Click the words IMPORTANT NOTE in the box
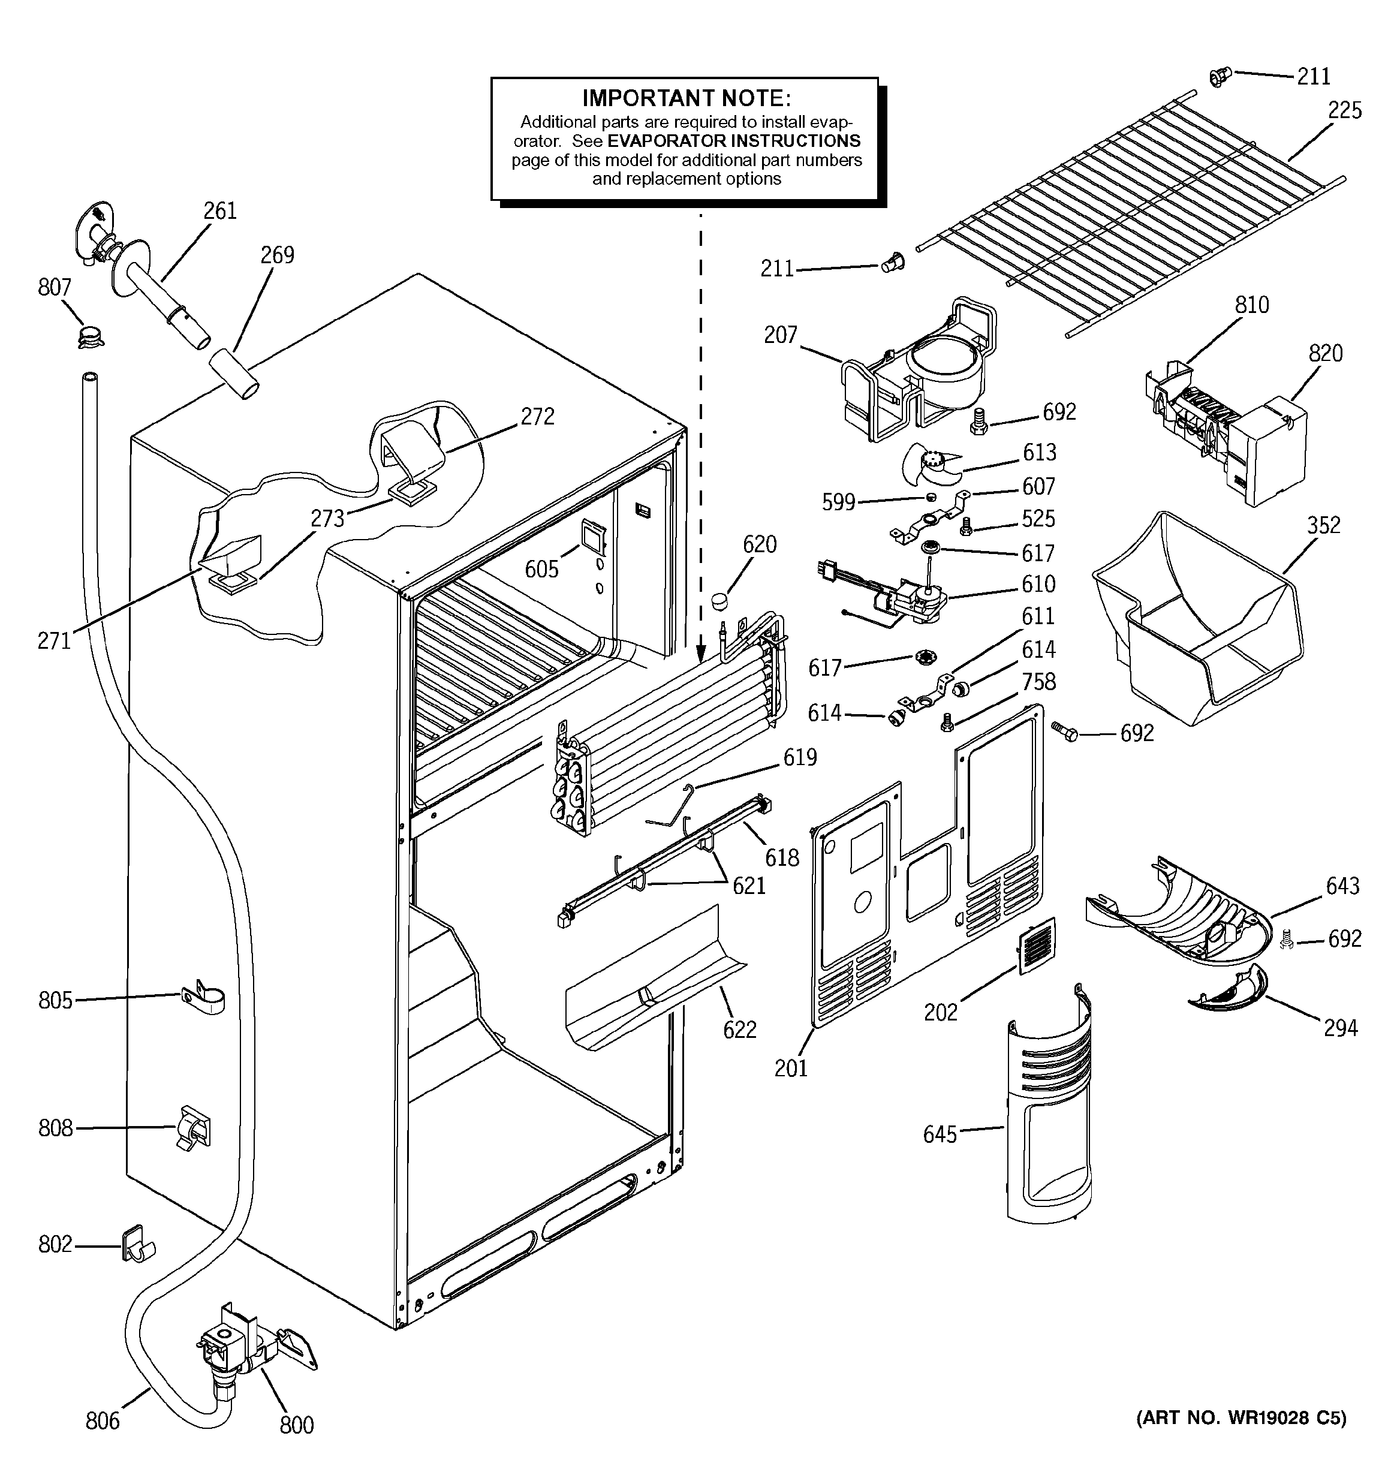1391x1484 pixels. click(x=685, y=98)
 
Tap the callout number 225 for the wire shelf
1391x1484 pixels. click(x=1344, y=110)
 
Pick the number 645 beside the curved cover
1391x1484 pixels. click(x=940, y=1134)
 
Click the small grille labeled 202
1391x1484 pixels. click(x=1036, y=947)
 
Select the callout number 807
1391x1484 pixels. click(x=54, y=287)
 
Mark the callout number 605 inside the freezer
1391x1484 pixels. click(x=541, y=570)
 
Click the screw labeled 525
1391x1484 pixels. click(x=965, y=525)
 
